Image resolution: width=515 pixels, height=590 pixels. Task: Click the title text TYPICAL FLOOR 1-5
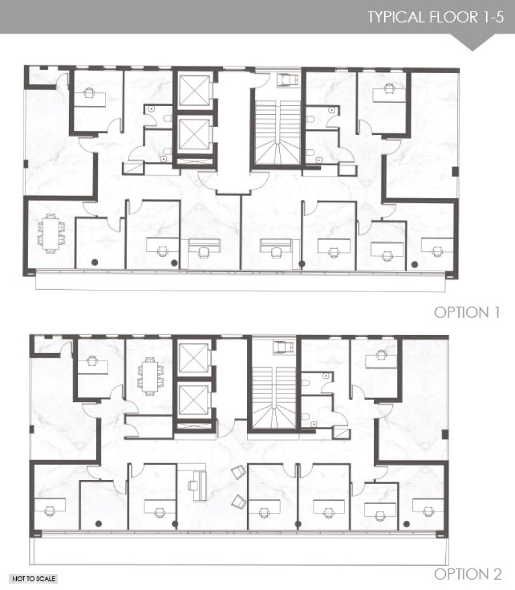436,17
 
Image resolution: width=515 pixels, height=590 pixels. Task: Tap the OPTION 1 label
467,312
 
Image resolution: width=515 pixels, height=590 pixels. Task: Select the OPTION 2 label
468,574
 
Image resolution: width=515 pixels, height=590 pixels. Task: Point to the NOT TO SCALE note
34,578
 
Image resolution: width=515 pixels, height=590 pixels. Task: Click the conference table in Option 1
51,233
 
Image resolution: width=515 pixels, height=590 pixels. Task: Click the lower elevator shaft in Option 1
194,134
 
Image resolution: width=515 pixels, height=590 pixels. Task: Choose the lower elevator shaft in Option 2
194,400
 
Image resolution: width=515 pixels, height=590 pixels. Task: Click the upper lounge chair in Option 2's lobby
238,472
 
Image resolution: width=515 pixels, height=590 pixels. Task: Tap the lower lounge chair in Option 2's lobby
238,501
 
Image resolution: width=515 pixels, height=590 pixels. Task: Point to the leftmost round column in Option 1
94,262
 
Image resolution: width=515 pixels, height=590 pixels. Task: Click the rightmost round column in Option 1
415,264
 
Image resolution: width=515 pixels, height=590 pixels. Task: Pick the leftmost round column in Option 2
99,523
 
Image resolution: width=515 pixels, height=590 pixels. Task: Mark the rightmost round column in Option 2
406,524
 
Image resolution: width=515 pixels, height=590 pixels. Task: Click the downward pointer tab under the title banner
472,42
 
